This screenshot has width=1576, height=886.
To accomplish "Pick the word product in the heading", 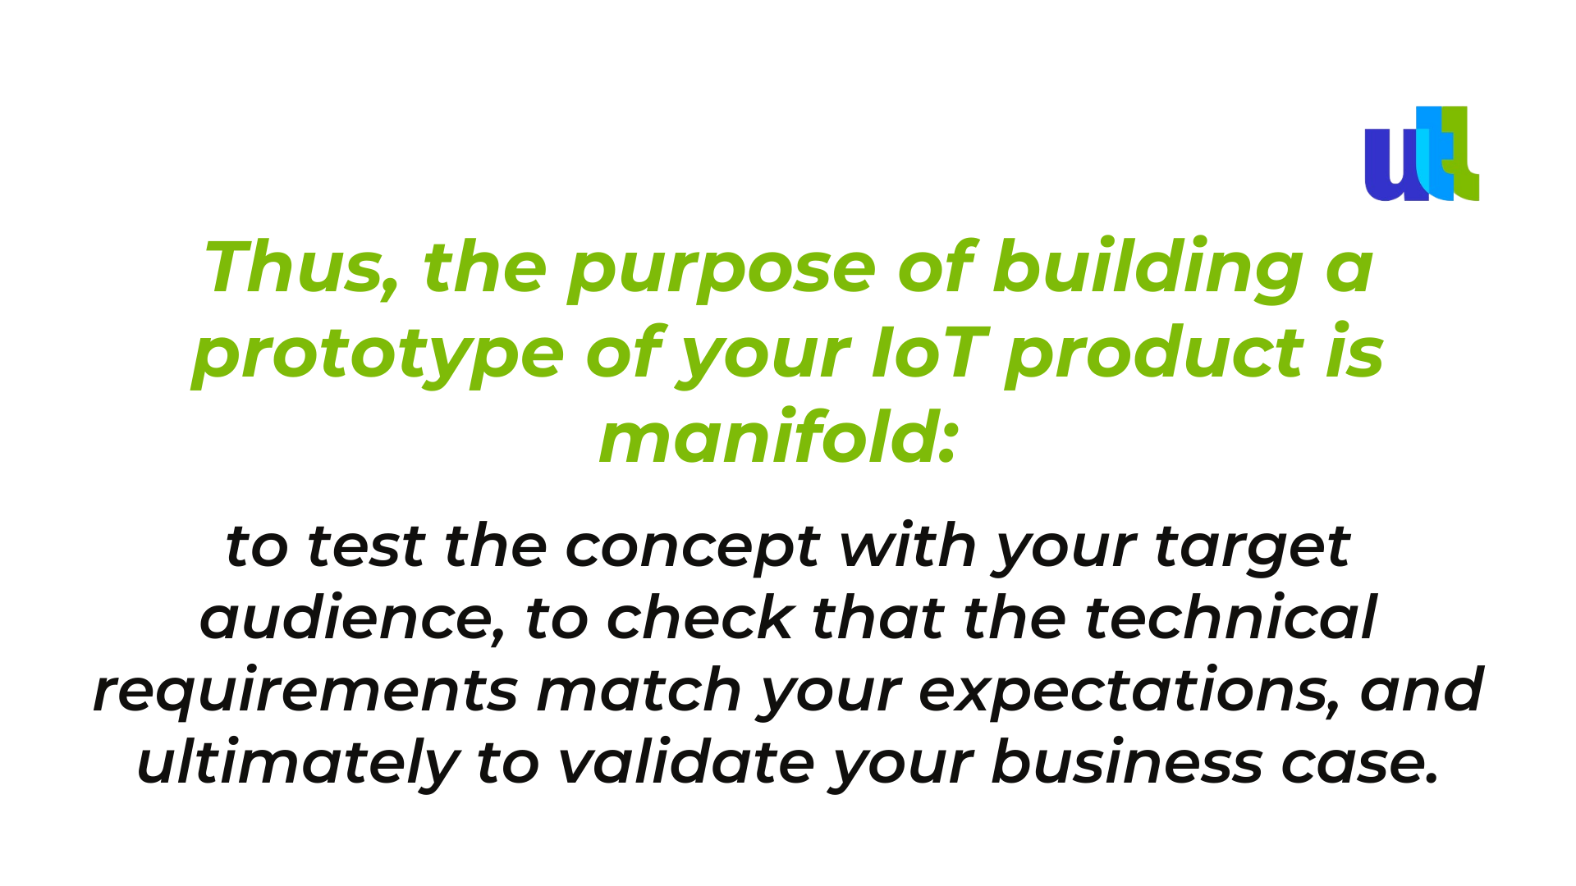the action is tap(1154, 354).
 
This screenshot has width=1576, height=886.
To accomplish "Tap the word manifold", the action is tap(767, 438).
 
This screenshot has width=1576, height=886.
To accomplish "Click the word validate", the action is tap(686, 762).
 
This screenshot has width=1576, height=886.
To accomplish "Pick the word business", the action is tap(1127, 762).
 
